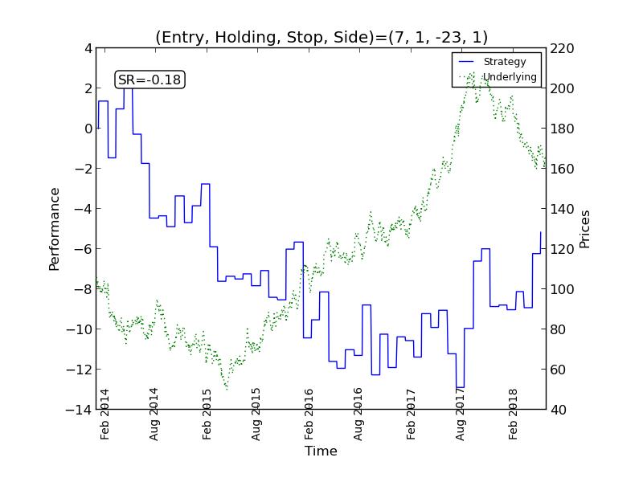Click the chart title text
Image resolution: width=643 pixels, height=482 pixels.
click(321, 37)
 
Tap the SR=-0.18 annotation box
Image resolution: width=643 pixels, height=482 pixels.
click(149, 80)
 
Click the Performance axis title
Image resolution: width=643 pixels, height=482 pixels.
click(55, 229)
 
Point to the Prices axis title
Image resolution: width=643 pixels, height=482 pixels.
click(585, 229)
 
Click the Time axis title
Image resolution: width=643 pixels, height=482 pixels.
click(321, 451)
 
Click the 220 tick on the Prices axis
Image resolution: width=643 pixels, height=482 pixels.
click(563, 48)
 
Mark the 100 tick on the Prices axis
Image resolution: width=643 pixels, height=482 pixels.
click(563, 289)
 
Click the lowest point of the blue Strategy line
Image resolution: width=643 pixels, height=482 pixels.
click(460, 388)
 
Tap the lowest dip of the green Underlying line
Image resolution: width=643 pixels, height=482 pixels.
click(226, 389)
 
